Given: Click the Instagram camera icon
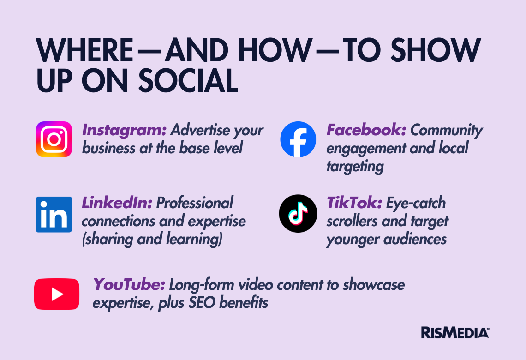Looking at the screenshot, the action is coord(54,139).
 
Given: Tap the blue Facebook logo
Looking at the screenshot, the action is coord(298,139).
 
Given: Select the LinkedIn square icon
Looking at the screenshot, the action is coord(54,215).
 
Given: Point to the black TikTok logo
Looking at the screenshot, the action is coord(298,214).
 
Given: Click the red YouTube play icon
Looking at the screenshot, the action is coord(57,294).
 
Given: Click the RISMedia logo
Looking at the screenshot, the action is coord(455,332).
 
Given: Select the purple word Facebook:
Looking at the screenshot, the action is coord(366,130).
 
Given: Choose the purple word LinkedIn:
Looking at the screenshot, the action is coord(117,203).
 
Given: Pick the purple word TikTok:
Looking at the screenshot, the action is coord(354,203).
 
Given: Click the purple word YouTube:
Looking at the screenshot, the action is coord(129,284).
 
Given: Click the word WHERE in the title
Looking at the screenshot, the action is coord(85,50).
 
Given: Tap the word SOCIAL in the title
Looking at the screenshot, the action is coord(188,80).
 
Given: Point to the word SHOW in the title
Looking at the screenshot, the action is coord(436,50).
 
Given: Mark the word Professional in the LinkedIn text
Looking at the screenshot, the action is coord(195,203).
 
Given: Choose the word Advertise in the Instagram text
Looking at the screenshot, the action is coord(200,130).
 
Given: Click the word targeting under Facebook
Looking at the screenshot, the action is coord(355,167).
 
